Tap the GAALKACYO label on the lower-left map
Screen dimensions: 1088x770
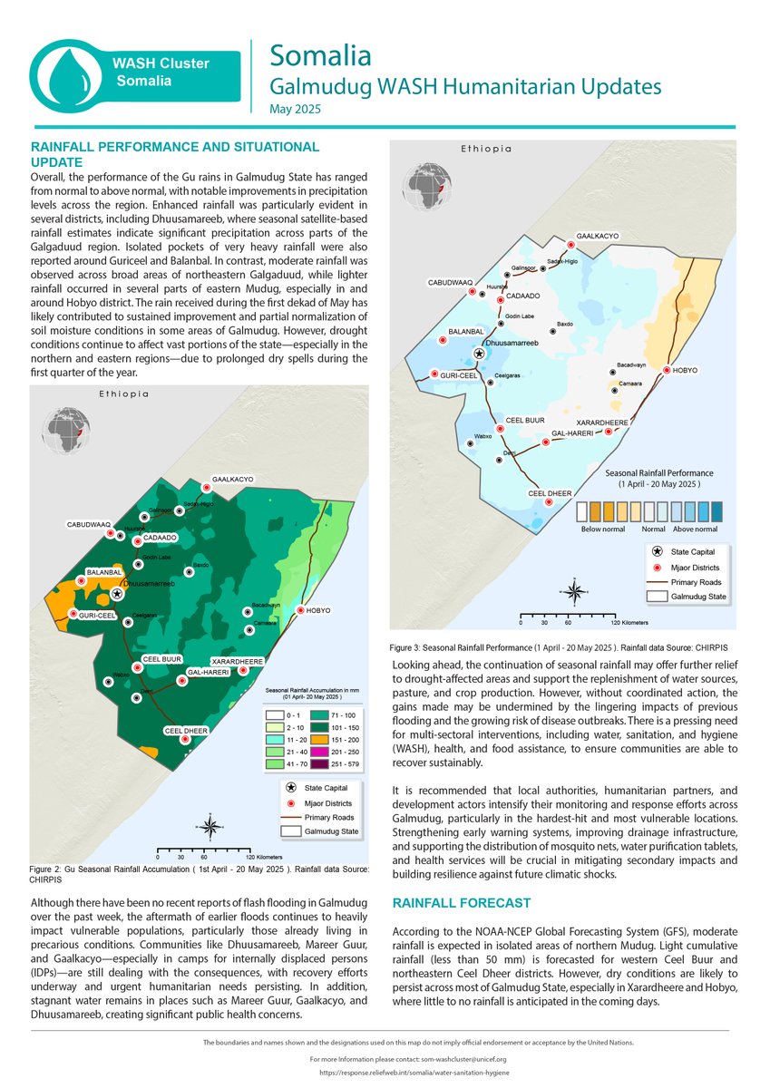[232, 478]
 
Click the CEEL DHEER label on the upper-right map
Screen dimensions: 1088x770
[549, 492]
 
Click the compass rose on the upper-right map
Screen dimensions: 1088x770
[575, 591]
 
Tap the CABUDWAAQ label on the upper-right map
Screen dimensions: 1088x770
[450, 283]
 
